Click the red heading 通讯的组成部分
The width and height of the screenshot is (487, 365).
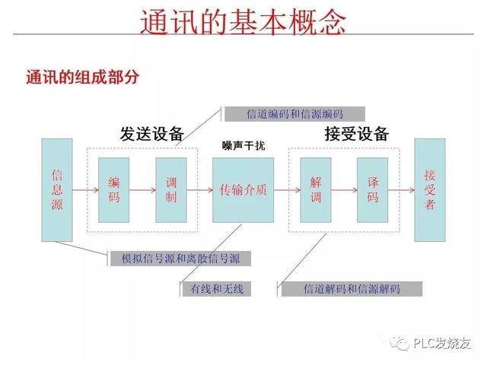[82, 78]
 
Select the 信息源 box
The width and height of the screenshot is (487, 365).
[57, 190]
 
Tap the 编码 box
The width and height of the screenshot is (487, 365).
[114, 190]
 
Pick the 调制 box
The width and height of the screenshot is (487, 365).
[171, 190]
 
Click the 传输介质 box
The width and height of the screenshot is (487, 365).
[243, 190]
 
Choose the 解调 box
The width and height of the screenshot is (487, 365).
[316, 190]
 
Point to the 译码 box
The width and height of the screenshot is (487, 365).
[373, 190]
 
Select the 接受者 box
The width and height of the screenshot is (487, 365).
[430, 190]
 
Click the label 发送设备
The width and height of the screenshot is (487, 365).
[152, 134]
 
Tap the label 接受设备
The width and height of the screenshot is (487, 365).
[357, 134]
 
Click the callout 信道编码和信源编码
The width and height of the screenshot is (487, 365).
[294, 114]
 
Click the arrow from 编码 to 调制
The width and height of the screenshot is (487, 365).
[142, 190]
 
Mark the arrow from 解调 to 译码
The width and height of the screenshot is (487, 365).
[344, 190]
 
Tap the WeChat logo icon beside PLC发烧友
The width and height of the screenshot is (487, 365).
[401, 343]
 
